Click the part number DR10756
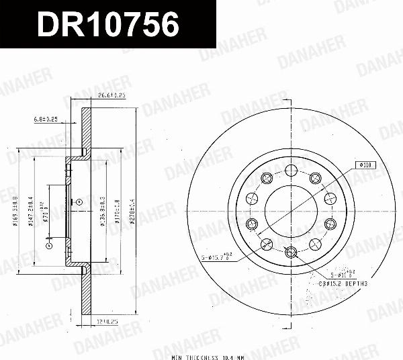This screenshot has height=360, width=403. pos(107,25)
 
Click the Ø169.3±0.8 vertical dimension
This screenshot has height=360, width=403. pos(15,209)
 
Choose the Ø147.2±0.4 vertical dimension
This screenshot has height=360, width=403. pos(31,209)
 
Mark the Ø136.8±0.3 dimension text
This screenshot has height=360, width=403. pos(103,210)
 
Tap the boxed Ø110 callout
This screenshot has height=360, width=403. pos(365,164)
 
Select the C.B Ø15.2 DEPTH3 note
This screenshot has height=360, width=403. pos(346,284)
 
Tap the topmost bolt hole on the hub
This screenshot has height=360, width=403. pos(290,169)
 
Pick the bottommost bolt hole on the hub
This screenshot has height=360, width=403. pos(290,252)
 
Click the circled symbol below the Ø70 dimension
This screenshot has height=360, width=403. pos(48,246)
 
